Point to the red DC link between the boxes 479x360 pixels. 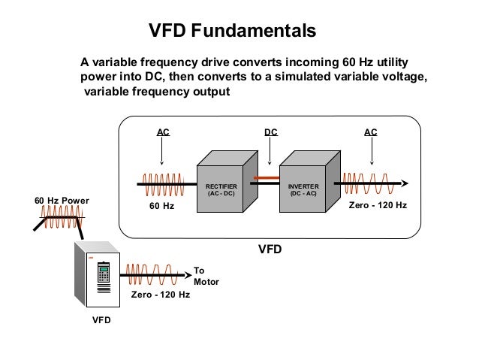tap(266, 179)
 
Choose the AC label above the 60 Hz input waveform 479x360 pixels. tap(162, 132)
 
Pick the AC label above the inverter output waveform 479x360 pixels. tap(370, 132)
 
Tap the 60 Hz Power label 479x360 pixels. tap(62, 201)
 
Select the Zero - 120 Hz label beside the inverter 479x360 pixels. tap(378, 204)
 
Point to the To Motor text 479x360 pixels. tap(206, 276)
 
